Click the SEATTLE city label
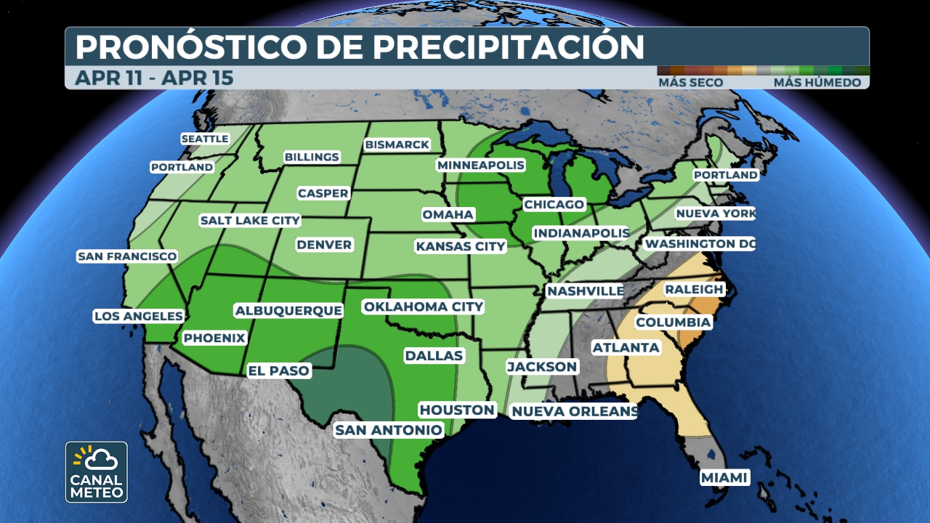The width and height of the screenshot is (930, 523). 205,138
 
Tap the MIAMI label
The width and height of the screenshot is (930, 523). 724,477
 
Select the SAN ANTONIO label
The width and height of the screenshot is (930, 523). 388,430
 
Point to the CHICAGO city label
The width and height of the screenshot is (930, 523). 554,205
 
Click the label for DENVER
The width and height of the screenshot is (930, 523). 324,245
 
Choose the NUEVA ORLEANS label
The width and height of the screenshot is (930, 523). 574,412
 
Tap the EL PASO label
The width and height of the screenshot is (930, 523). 279,370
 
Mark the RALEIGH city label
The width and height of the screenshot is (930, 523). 694,289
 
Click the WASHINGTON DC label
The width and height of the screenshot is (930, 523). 700,244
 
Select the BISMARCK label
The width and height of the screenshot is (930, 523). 397,145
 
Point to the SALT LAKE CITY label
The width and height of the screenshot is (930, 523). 250,220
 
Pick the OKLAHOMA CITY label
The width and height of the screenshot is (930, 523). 423,307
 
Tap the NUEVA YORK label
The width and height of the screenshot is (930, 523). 715,214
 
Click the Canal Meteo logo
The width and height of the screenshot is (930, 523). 97,472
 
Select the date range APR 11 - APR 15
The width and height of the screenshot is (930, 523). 154,78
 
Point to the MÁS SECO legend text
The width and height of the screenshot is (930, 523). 690,83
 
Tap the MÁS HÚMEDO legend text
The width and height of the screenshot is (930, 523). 817,83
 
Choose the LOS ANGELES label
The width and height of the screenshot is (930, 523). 138,316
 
